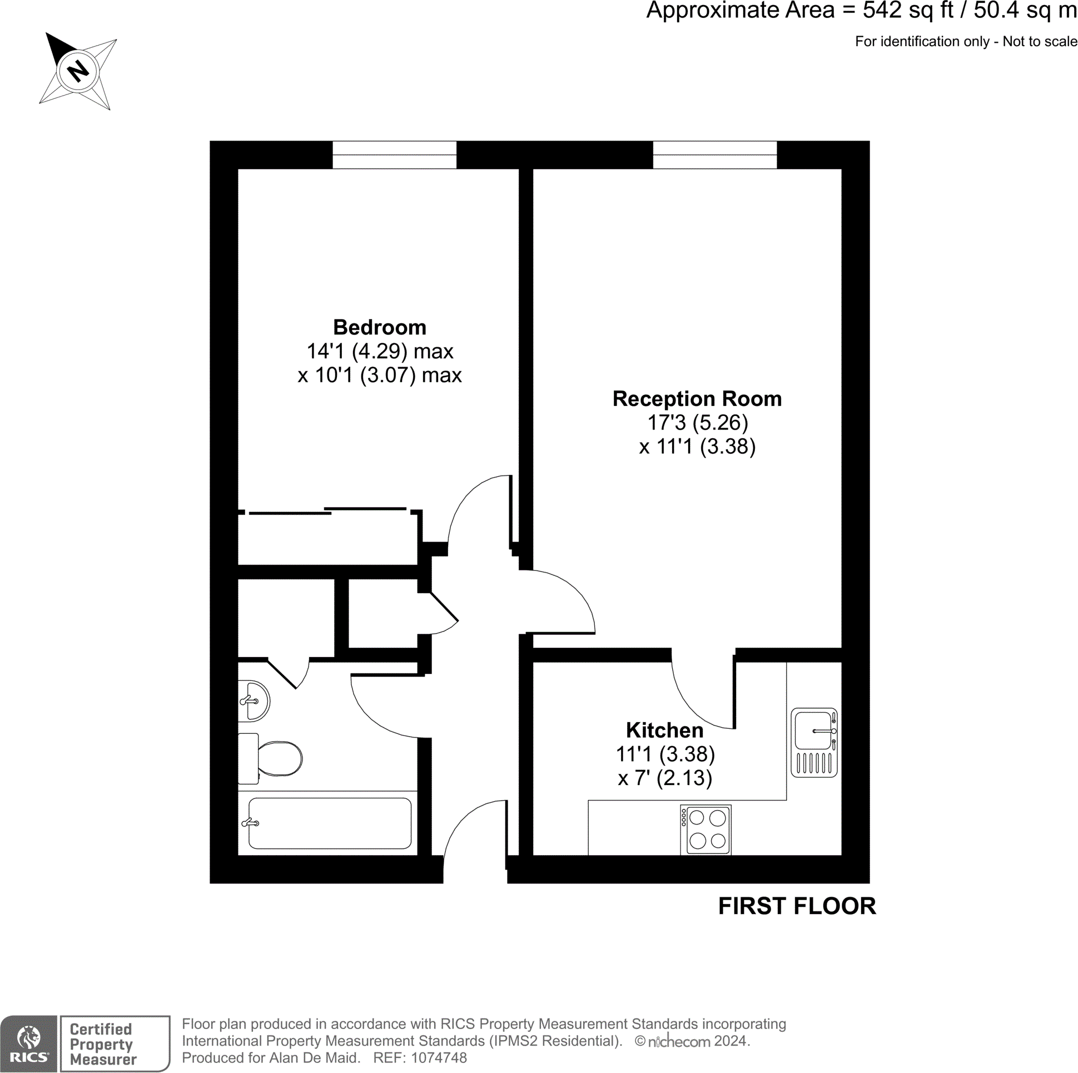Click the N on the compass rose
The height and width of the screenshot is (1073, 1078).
coord(78,71)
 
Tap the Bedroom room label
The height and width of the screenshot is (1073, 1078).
coord(379,327)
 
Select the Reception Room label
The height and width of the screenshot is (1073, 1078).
coord(697,399)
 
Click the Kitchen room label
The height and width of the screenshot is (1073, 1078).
coord(664,731)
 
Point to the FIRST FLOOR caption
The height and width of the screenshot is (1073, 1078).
coord(797,906)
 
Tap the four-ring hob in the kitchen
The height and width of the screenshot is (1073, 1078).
coord(706,829)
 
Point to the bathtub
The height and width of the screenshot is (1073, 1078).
coord(329,823)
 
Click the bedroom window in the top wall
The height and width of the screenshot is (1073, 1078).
coord(395,155)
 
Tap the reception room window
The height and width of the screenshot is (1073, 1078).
coord(715,155)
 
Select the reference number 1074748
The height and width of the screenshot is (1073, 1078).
coord(439,1058)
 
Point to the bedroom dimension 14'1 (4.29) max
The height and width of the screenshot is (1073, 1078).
coord(379,351)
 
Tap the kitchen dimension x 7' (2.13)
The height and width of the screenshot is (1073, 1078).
coord(664,778)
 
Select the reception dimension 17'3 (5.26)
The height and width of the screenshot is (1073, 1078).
coord(697,423)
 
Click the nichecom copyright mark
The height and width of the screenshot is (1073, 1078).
coord(678,1041)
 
